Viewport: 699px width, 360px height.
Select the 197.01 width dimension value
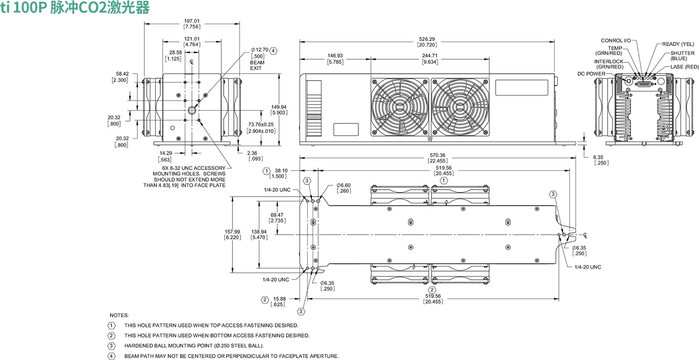click(192, 21)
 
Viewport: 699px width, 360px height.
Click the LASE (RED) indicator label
click(685, 67)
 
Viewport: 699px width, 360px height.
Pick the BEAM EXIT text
click(256, 65)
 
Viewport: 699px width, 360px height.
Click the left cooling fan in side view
click(399, 107)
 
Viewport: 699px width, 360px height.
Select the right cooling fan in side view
click(460, 107)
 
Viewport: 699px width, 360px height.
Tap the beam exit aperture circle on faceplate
click(192, 110)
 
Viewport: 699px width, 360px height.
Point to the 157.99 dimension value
click(232, 231)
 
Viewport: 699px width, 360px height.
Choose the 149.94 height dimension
click(279, 107)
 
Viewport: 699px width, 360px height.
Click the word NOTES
click(119, 315)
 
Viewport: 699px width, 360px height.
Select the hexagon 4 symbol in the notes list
click(111, 356)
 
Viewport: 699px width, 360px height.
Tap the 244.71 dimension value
click(430, 56)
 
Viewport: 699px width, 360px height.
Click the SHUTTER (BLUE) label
click(682, 55)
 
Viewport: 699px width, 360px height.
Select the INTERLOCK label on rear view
click(609, 61)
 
